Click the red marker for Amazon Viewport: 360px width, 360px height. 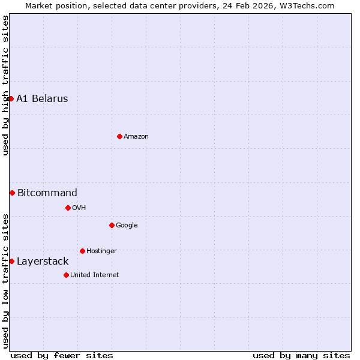(x=119, y=136)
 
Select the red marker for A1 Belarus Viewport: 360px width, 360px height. (x=11, y=98)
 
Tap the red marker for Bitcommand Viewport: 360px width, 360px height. (x=12, y=193)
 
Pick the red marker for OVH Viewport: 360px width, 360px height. (x=68, y=208)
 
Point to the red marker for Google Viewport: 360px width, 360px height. (x=112, y=225)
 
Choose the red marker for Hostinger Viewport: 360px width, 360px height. (x=82, y=251)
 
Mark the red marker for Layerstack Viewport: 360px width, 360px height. (x=11, y=261)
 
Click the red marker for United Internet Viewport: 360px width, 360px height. (x=66, y=275)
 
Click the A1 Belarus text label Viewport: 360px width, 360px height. (x=42, y=99)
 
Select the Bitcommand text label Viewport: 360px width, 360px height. (x=47, y=193)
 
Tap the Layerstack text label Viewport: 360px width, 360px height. (x=43, y=262)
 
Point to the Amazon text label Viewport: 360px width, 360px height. (x=136, y=137)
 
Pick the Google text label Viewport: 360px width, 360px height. (x=127, y=226)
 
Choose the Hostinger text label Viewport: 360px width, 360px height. (x=101, y=251)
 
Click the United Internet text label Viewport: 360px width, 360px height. (x=94, y=275)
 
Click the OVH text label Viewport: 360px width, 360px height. (x=79, y=208)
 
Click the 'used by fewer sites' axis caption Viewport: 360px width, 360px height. (x=62, y=355)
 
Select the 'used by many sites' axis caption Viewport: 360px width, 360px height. (x=301, y=355)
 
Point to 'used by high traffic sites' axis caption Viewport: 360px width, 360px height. (x=6, y=85)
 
